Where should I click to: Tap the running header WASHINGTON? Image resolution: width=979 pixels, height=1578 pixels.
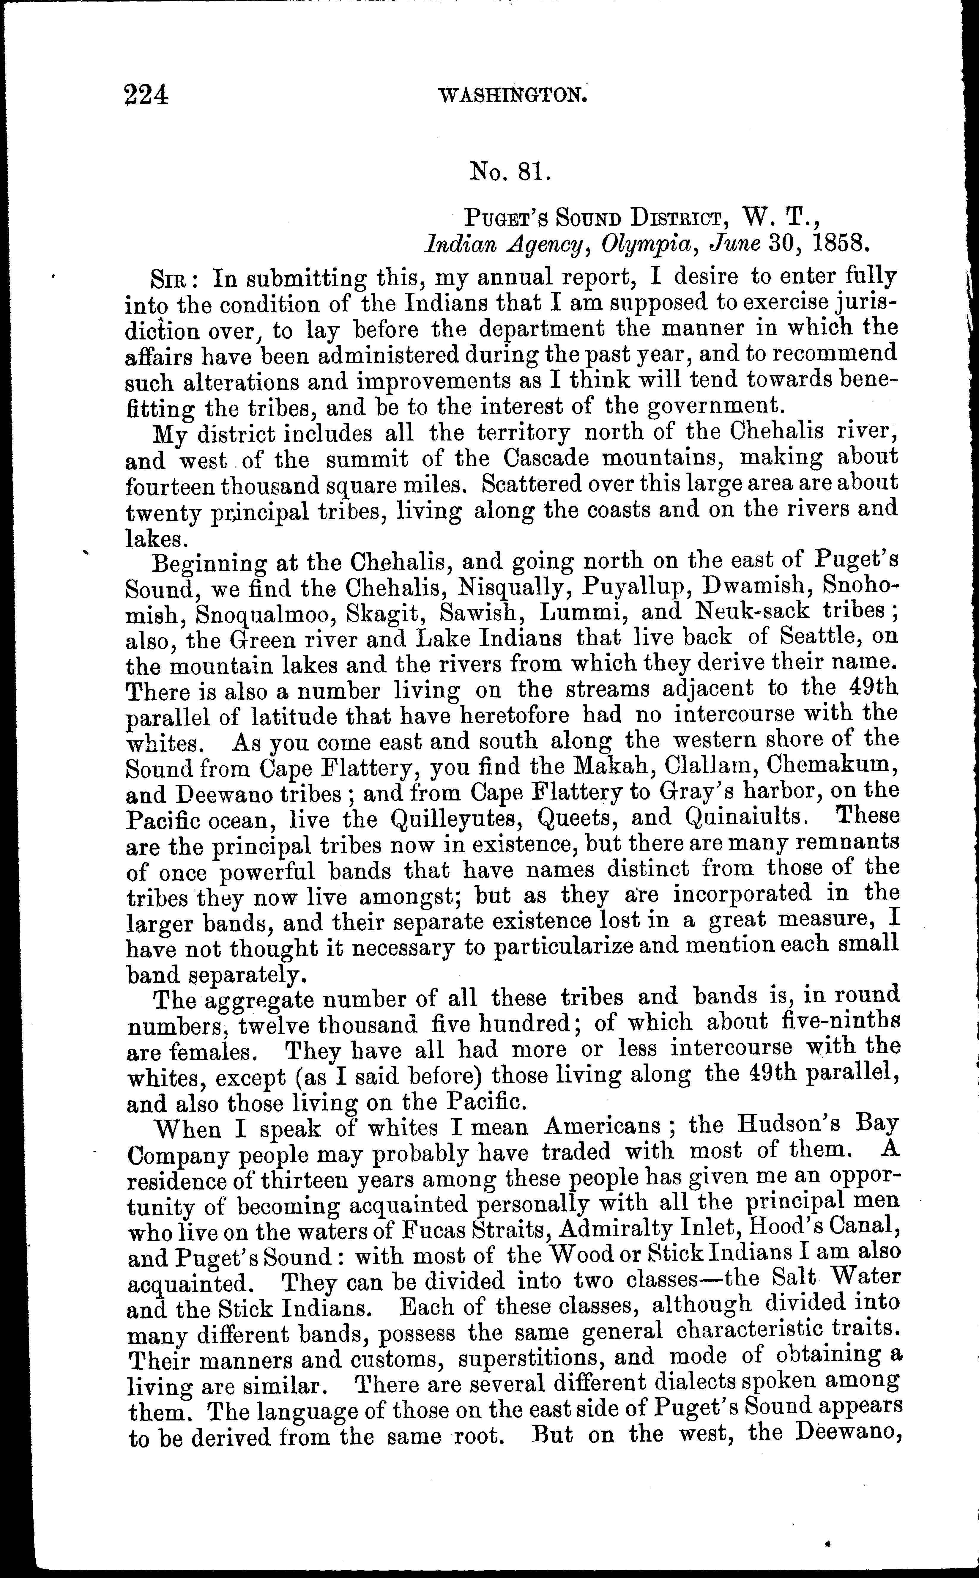tap(513, 96)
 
